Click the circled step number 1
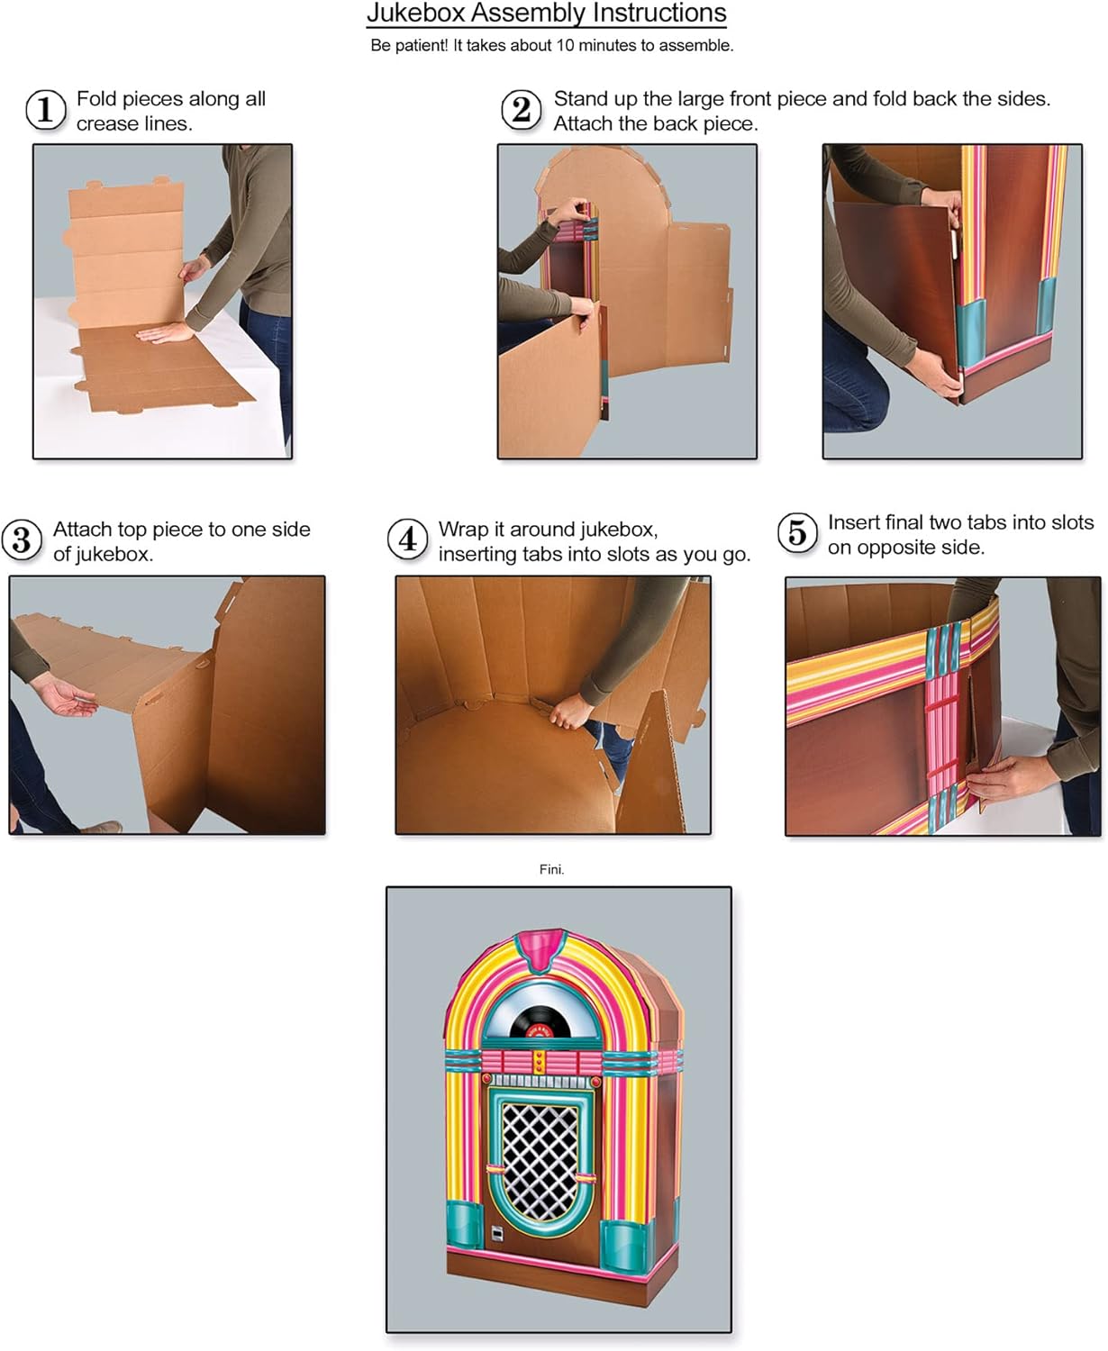(45, 110)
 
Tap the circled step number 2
(521, 110)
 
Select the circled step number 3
(22, 540)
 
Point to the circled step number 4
(407, 539)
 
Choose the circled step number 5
(797, 533)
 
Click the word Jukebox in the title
(415, 14)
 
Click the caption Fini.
(551, 869)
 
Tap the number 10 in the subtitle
(565, 45)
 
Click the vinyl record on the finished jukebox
(540, 1024)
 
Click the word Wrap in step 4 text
(463, 529)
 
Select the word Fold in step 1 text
(95, 98)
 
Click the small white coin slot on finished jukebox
(495, 1233)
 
